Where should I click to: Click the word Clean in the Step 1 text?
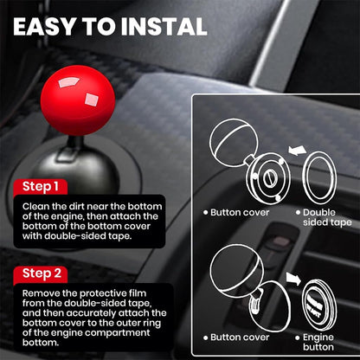[x=36, y=207]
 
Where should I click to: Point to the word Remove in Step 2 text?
[x=42, y=293]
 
